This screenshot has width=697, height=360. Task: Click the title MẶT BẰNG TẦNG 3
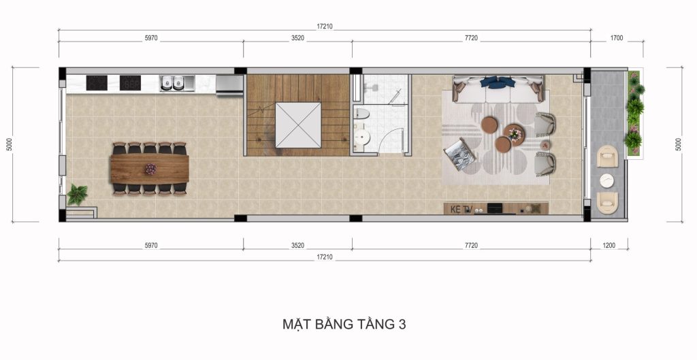[344, 324]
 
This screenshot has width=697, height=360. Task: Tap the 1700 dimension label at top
[617, 39]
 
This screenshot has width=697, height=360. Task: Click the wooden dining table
[150, 168]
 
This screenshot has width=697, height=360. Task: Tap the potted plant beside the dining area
[77, 194]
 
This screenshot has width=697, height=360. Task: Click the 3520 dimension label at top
[297, 39]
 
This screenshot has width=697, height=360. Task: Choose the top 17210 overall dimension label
[325, 26]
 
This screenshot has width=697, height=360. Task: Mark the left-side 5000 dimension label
[8, 144]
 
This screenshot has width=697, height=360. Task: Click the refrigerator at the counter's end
[229, 83]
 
